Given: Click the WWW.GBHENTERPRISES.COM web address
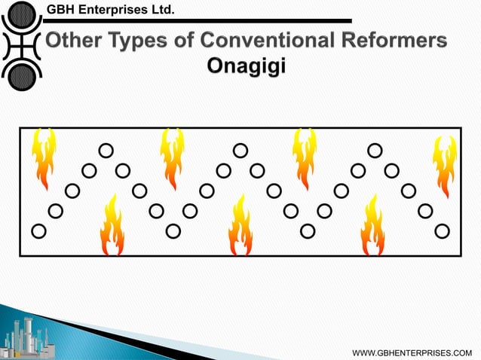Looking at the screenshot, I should click(416, 352).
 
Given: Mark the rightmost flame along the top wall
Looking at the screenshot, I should click(444, 164).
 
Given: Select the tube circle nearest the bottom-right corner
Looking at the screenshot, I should click(442, 230).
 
